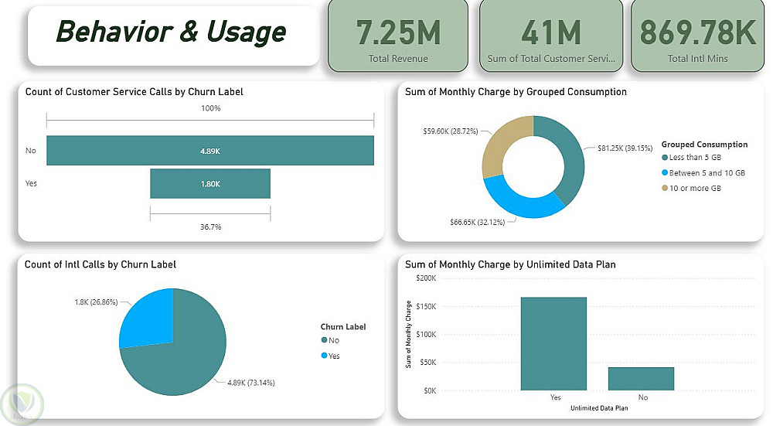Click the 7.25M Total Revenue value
[398, 32]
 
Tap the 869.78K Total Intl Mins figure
[697, 32]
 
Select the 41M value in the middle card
[550, 32]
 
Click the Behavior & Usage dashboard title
[171, 32]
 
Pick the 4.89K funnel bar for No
[210, 151]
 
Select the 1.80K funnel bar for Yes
[210, 184]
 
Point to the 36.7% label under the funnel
[210, 227]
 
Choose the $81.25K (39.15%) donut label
[627, 147]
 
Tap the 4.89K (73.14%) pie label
[250, 382]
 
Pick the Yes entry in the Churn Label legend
[332, 356]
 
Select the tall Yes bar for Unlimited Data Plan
[553, 343]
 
